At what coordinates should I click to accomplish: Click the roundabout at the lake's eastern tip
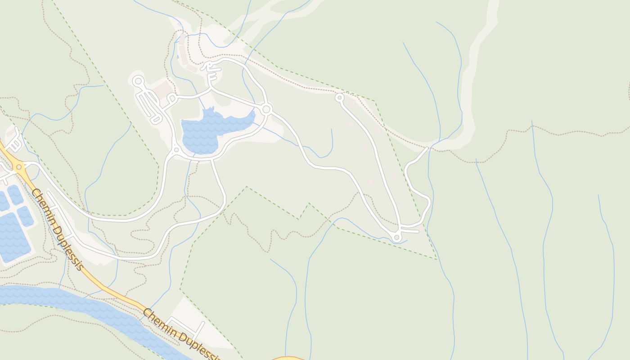click(266, 109)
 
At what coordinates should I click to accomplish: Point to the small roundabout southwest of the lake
click(176, 149)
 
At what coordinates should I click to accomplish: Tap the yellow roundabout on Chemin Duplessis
click(19, 167)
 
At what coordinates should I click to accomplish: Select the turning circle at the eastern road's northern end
click(339, 97)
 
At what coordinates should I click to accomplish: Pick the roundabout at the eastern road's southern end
click(396, 237)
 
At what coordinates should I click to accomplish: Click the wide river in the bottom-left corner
click(90, 310)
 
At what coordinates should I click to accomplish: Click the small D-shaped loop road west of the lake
click(171, 98)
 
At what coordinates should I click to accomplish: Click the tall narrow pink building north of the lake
click(183, 53)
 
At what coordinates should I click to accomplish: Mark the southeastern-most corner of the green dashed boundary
click(436, 259)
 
